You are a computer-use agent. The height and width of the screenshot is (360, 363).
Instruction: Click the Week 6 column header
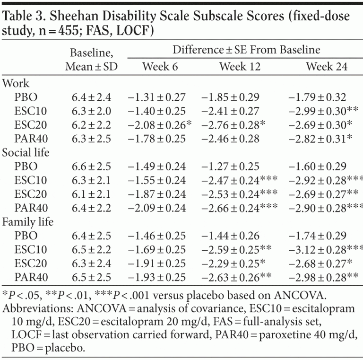[160, 66]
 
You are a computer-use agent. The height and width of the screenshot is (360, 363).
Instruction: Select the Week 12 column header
[240, 66]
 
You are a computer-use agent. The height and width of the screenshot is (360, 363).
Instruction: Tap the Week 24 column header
[327, 66]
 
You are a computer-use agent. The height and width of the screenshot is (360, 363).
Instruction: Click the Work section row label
[16, 83]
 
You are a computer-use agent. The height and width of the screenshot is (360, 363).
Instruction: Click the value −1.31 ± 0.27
[156, 97]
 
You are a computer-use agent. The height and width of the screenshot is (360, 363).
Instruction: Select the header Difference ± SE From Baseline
[246, 50]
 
